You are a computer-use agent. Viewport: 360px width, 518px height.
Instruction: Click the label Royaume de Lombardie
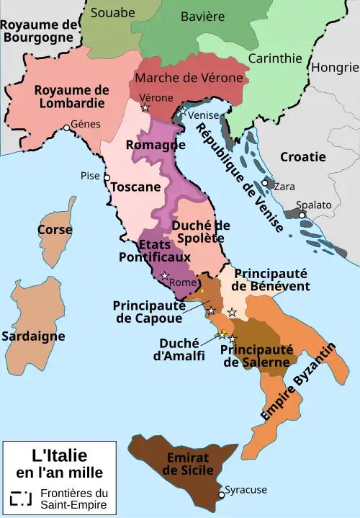click(x=72, y=97)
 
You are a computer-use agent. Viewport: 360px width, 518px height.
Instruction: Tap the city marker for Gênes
click(x=66, y=128)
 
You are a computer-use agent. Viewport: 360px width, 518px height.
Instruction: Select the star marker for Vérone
click(x=146, y=108)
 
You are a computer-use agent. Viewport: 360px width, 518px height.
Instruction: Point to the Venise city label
click(x=204, y=114)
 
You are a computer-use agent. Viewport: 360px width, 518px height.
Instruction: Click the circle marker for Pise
click(x=107, y=177)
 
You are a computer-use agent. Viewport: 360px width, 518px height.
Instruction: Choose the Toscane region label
click(x=135, y=187)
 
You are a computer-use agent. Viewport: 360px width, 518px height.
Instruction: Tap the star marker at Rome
click(x=165, y=276)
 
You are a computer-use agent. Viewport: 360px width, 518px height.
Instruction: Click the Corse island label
click(x=55, y=230)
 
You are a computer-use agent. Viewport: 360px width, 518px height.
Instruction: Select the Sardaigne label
click(x=33, y=336)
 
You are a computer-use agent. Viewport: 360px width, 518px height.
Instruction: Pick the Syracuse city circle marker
click(x=221, y=495)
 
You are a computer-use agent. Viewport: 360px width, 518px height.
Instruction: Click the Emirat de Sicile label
click(x=186, y=464)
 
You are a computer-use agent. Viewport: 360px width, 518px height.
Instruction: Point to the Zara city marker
click(x=266, y=184)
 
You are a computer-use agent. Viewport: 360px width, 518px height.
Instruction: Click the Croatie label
click(x=302, y=156)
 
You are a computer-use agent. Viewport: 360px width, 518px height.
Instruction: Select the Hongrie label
click(x=334, y=68)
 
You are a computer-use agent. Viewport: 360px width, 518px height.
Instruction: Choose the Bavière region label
click(x=203, y=16)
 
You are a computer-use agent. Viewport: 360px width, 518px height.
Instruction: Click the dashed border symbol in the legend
click(x=22, y=499)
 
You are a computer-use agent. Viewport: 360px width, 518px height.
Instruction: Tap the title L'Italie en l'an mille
click(x=59, y=464)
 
